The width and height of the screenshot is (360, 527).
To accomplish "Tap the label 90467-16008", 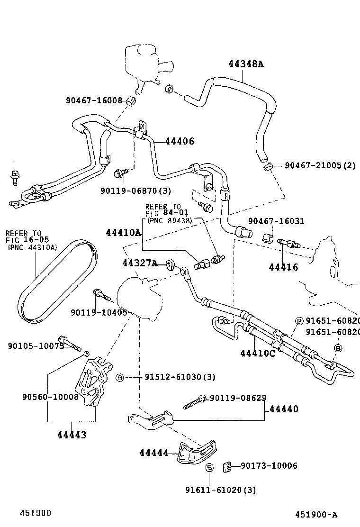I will point(94,100).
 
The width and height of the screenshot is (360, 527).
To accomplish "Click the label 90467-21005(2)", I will point(320,165).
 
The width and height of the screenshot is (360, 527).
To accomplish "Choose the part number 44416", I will point(283,267).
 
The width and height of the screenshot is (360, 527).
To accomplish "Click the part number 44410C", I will point(257,353).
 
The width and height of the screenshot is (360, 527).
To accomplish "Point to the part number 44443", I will point(72,435).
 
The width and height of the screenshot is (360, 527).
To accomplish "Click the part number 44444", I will point(153,453).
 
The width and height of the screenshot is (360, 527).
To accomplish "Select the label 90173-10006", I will point(269,466).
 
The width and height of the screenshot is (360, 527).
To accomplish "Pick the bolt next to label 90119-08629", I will point(195,401).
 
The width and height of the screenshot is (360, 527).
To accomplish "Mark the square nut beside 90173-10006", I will point(227,467).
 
